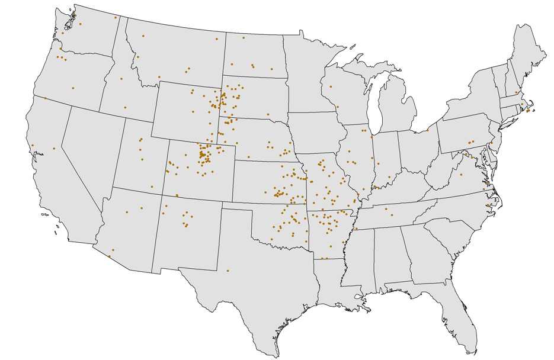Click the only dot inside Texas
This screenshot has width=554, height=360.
click(228, 271)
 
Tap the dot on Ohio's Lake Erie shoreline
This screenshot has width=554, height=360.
click(428, 130)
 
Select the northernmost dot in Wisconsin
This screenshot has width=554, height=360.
click(331, 86)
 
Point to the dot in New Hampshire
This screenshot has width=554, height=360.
click(516, 92)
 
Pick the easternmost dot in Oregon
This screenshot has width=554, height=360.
click(73, 88)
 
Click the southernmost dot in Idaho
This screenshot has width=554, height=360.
click(125, 107)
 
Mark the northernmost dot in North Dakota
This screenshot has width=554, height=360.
click(243, 38)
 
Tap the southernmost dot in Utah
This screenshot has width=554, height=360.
click(152, 187)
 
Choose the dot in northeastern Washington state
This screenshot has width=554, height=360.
click(115, 18)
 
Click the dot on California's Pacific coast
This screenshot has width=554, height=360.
click(32, 145)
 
